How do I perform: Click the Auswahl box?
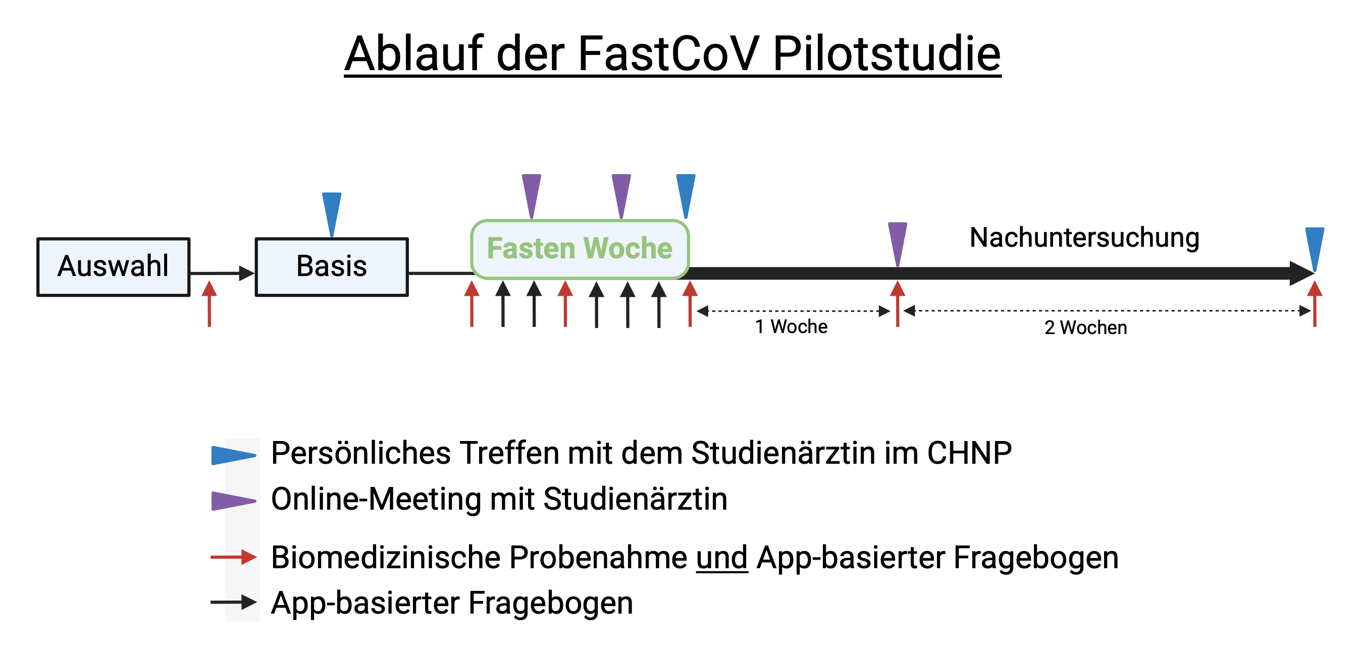click(113, 267)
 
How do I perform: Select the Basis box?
click(331, 267)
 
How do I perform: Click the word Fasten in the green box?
click(531, 249)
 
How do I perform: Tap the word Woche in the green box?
click(628, 249)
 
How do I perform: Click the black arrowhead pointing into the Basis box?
click(245, 274)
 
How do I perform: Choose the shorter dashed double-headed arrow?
click(793, 312)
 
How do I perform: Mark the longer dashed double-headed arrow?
click(1106, 311)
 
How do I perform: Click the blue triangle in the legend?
click(232, 456)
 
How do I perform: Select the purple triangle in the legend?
click(232, 501)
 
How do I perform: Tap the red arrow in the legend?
click(233, 557)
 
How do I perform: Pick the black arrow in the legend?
click(233, 602)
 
